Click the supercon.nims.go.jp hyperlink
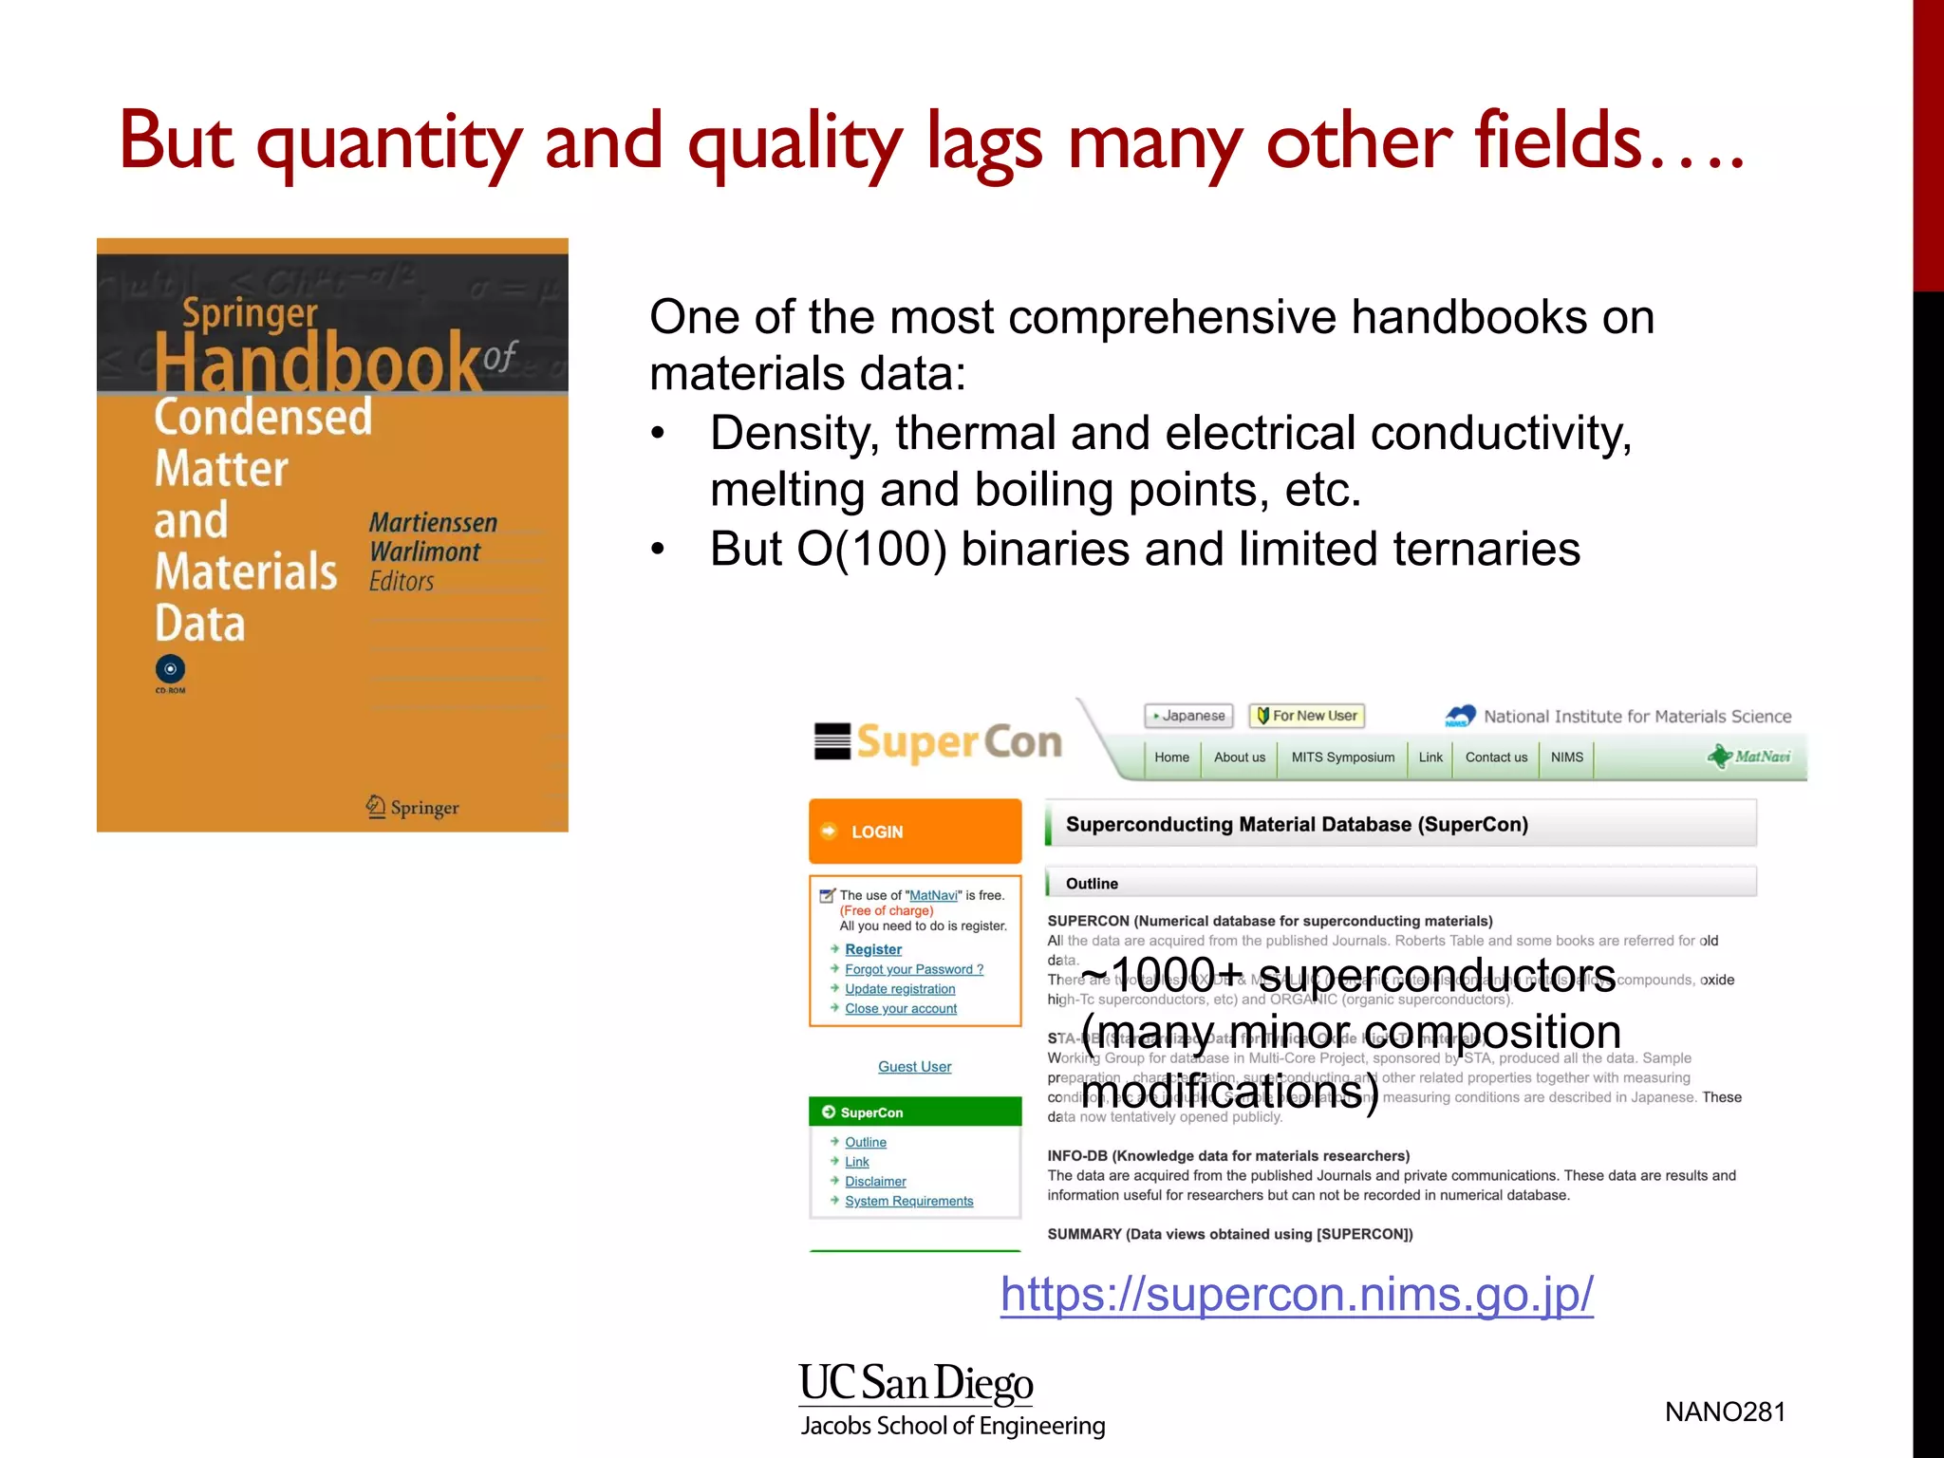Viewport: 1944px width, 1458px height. (1297, 1294)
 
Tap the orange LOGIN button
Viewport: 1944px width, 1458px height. (914, 832)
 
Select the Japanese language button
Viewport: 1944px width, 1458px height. (1188, 716)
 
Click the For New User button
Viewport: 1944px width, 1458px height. (1307, 716)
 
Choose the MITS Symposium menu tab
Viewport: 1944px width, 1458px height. (1342, 757)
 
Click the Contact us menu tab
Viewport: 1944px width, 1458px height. (1496, 757)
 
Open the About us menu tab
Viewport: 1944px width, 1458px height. (1239, 757)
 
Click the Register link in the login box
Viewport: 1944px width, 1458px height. (873, 949)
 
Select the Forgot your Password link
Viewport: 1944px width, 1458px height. (913, 969)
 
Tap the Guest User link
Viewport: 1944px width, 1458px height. (914, 1067)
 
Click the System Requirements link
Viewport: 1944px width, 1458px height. (908, 1202)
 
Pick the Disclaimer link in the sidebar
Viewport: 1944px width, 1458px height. (875, 1182)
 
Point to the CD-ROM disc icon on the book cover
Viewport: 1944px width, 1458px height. (171, 669)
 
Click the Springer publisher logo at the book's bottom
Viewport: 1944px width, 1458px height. (413, 808)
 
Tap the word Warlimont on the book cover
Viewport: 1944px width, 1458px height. (424, 551)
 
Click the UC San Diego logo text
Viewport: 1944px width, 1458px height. (916, 1384)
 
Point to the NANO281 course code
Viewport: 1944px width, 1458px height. (1725, 1412)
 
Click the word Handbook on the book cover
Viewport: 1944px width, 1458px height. (318, 363)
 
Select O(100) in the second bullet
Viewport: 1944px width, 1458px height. (871, 550)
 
